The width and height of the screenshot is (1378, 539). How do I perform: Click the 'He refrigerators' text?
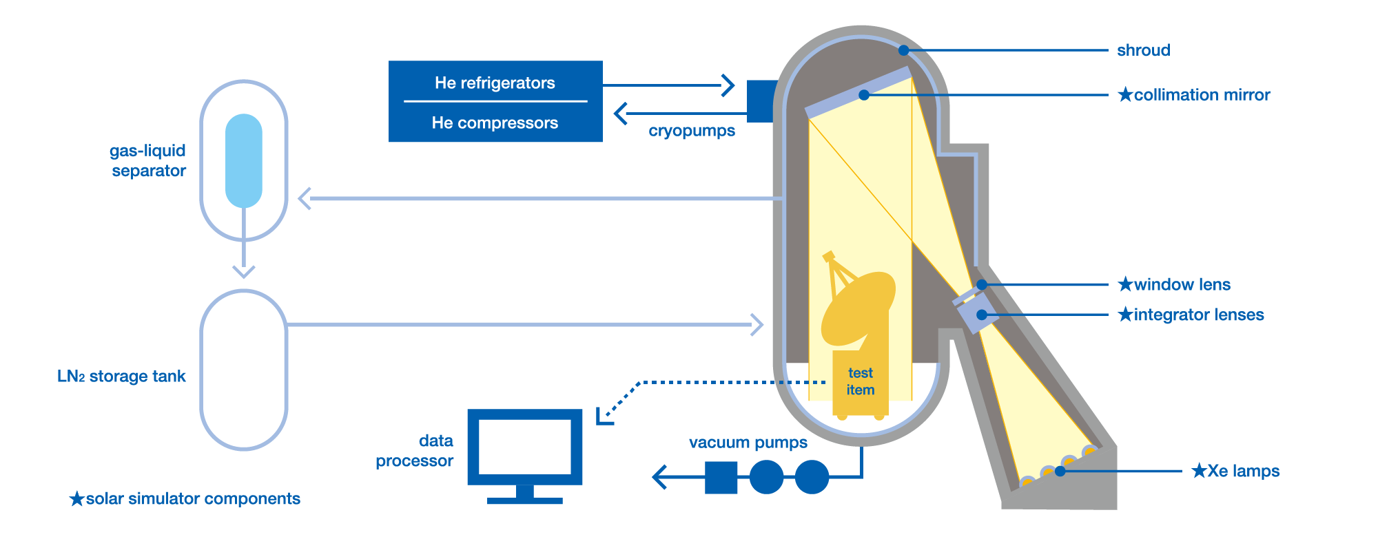click(495, 83)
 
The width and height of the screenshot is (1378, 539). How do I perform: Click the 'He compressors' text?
click(495, 123)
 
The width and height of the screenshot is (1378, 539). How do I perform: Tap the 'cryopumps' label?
click(691, 131)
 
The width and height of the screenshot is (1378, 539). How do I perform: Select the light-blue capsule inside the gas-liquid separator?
click(244, 160)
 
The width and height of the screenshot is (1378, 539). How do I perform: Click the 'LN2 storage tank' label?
click(121, 377)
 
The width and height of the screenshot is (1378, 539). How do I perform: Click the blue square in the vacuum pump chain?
click(721, 477)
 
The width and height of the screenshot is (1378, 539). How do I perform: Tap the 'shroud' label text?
click(1143, 50)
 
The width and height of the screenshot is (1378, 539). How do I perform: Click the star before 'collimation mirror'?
click(1125, 95)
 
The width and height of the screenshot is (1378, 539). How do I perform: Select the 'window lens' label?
click(1182, 284)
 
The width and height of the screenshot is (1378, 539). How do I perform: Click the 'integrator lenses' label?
click(1198, 315)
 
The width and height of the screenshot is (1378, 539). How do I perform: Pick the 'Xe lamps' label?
click(1243, 471)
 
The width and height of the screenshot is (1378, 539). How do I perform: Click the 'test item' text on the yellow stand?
click(861, 381)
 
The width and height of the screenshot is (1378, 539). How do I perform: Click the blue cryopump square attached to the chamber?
click(761, 101)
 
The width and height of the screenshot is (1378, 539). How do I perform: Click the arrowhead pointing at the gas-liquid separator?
click(304, 198)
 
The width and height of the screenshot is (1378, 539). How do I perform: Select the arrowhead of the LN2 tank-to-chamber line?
click(758, 324)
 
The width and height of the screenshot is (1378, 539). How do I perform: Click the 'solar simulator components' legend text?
click(192, 498)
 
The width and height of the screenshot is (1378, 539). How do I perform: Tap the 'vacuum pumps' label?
click(748, 443)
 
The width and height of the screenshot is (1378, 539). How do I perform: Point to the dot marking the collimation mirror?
click(863, 95)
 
